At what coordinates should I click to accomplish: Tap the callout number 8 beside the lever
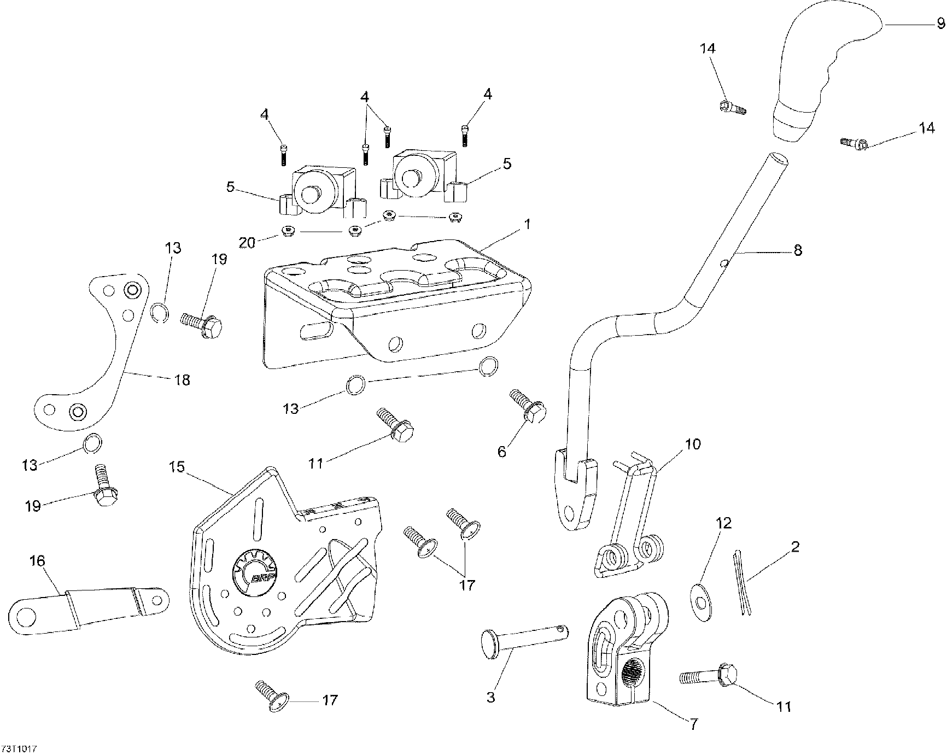798,250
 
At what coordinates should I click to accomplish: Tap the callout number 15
177,468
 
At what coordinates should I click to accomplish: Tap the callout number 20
247,242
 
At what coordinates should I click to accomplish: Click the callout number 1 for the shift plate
527,224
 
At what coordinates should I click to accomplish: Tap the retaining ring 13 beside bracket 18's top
159,313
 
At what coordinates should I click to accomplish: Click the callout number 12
723,523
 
